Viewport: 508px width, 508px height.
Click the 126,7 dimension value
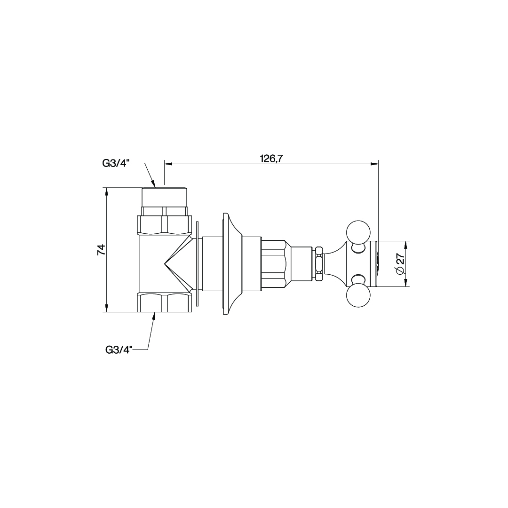271,159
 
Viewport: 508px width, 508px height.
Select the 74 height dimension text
102,249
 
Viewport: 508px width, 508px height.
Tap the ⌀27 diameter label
400,264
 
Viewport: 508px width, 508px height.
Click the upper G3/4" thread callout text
116,163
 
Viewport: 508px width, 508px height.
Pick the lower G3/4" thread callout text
119,349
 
